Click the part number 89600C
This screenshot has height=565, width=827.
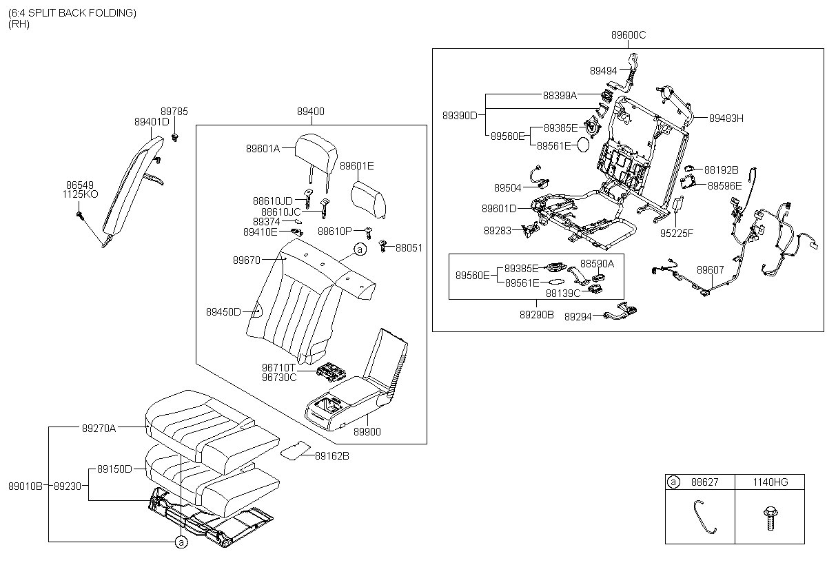pos(628,34)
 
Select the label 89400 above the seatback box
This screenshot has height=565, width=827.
pos(311,112)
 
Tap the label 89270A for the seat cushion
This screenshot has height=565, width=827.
pos(99,428)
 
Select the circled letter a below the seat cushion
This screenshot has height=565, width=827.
pos(181,543)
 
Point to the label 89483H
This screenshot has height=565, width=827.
pos(726,119)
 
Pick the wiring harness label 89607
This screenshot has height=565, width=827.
pos(710,269)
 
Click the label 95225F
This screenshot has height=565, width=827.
pos(677,233)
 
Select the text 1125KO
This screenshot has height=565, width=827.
pos(81,195)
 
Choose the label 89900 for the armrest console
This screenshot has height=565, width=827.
pos(367,432)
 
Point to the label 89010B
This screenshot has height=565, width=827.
pos(25,486)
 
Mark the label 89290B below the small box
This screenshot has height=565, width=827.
pos(536,314)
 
